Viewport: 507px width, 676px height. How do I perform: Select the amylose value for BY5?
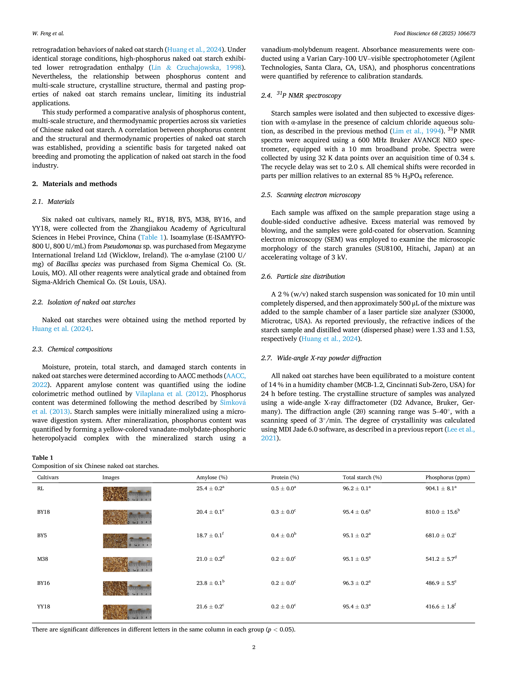[x=210, y=535]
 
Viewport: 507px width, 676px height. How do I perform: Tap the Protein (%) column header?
[x=285, y=477]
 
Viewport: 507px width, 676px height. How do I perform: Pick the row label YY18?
[x=43, y=607]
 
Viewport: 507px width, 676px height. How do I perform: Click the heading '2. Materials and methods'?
[x=75, y=184]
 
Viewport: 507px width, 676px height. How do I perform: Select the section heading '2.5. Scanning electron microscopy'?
[x=311, y=195]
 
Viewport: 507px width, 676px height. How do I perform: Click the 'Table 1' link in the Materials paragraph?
[x=152, y=238]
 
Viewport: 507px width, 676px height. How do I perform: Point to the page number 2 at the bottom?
[x=254, y=647]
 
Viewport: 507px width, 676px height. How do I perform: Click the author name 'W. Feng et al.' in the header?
[x=48, y=34]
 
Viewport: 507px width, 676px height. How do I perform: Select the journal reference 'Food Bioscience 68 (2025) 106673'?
[x=434, y=34]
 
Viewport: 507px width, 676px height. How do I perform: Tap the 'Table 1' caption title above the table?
[x=43, y=457]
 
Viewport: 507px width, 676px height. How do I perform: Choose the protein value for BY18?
[x=283, y=512]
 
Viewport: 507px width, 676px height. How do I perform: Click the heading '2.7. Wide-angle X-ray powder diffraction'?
[x=321, y=358]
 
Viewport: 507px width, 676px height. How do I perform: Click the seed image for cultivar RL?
[x=127, y=494]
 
